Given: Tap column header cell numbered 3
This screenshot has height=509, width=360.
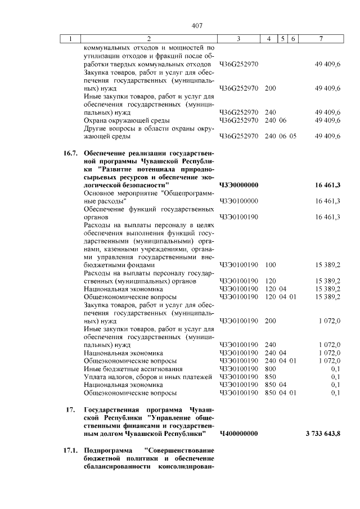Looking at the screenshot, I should point(238,39).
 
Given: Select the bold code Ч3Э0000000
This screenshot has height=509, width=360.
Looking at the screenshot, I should point(238,184).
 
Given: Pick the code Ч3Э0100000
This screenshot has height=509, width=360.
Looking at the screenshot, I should point(238,200).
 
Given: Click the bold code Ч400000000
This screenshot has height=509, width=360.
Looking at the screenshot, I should point(238,434).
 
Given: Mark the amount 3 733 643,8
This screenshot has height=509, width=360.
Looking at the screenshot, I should point(323,434).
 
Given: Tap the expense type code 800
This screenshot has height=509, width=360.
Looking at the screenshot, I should point(270,368).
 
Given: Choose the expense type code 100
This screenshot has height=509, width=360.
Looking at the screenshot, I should point(270,264).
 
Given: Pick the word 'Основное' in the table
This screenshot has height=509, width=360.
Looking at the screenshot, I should point(99,192).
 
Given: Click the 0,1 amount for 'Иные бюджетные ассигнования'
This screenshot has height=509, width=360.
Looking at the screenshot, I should point(336,368).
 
